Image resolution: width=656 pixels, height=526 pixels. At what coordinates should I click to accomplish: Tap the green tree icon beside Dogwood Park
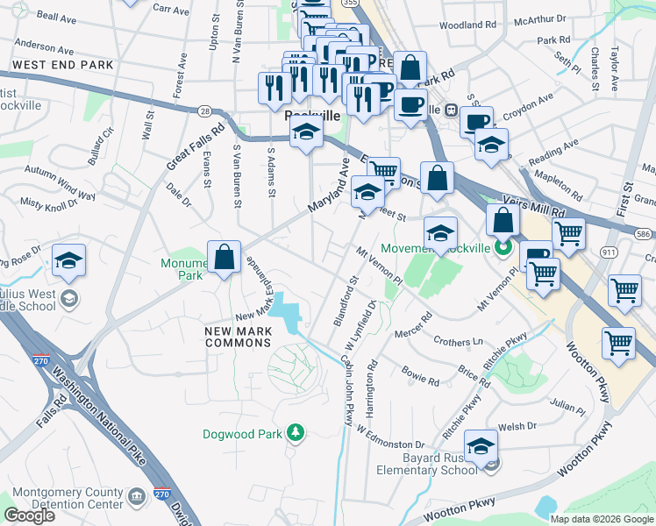click(x=297, y=432)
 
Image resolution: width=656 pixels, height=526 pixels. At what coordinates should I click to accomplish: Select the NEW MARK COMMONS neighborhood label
click(x=237, y=337)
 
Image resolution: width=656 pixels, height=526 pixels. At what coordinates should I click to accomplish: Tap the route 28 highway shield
click(x=204, y=111)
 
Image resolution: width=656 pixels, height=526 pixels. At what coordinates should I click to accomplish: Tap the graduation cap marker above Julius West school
click(x=68, y=262)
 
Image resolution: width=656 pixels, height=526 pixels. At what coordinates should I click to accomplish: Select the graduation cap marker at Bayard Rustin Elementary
click(x=481, y=448)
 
